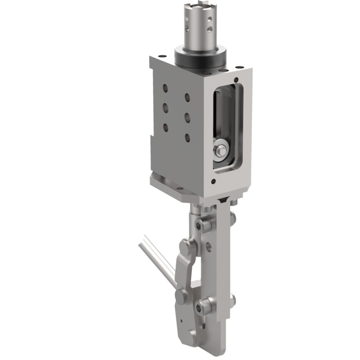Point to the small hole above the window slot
pyautogui.click(x=236, y=80)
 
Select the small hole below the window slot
pyautogui.click(x=214, y=182)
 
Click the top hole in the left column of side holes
pyautogui.click(x=165, y=88)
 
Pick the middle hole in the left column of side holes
pyautogui.click(x=165, y=108)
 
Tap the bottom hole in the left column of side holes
pyautogui.click(x=165, y=127)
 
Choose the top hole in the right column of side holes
pyautogui.click(x=187, y=98)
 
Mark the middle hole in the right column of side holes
pyautogui.click(x=187, y=118)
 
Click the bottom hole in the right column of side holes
pyautogui.click(x=187, y=138)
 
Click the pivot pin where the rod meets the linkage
pyautogui.click(x=181, y=296)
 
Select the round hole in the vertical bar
pyautogui.click(x=209, y=247)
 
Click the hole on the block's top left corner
pyautogui.click(x=162, y=56)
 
